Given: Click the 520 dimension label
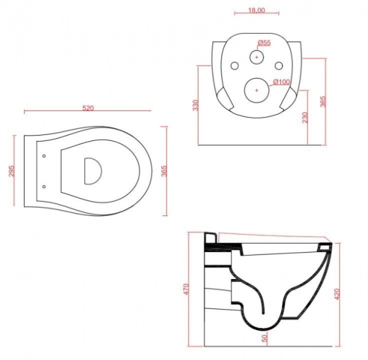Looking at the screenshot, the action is [88, 108].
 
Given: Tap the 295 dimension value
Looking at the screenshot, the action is [12, 171].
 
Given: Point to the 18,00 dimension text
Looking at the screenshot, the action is [256, 10].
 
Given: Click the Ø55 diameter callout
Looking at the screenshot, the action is [264, 43].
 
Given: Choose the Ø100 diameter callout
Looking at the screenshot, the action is [282, 82].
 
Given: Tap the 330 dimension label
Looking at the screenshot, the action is [196, 105].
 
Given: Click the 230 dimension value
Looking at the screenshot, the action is [305, 117].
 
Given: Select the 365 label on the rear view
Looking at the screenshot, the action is [323, 101].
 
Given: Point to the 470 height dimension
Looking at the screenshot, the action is [185, 289].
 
